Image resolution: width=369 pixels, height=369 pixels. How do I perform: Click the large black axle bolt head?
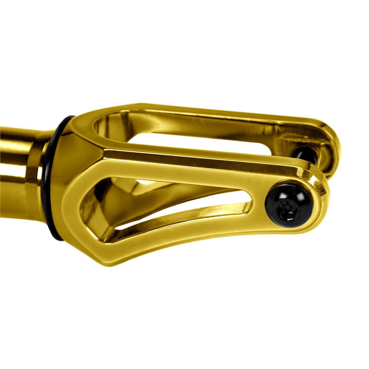coord(283,204)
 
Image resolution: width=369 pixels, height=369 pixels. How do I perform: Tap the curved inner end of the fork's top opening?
coord(101,127)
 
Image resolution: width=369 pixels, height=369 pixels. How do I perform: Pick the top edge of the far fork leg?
coord(221,111)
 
